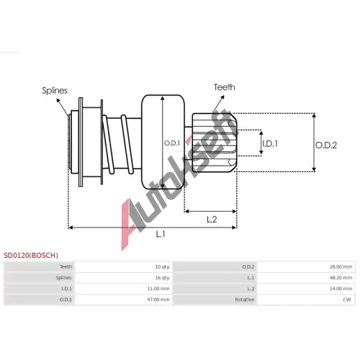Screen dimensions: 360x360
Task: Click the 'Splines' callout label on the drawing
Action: (55, 91)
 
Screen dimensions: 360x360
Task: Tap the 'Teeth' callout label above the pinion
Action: (225, 87)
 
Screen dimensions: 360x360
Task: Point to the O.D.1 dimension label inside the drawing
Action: (172, 143)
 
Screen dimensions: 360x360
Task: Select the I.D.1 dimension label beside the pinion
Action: (270, 143)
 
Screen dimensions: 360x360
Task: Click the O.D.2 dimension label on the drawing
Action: (326, 145)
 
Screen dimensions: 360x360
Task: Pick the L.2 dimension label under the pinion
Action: (212, 219)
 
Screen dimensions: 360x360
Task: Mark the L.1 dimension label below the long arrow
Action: (161, 234)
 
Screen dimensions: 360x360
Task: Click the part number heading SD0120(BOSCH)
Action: (31, 255)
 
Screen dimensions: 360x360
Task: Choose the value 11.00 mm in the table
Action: (158, 289)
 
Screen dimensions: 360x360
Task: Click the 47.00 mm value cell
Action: (158, 300)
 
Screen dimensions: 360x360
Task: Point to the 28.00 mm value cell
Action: (341, 266)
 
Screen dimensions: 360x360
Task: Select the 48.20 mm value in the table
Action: (341, 278)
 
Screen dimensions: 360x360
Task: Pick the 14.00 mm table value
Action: (341, 289)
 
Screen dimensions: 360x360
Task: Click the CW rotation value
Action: (347, 300)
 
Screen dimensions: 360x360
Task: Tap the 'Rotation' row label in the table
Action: (245, 300)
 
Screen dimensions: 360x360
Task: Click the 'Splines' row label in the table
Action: (63, 278)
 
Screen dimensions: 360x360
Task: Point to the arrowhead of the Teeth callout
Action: (223, 96)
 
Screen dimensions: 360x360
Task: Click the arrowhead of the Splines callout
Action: (58, 99)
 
